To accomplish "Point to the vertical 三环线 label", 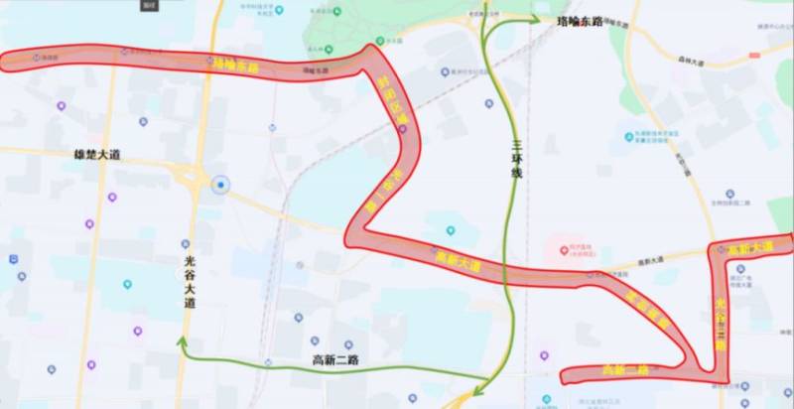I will pyautogui.click(x=516, y=159).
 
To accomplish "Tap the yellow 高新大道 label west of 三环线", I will pyautogui.click(x=458, y=262).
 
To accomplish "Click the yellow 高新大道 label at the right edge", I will pyautogui.click(x=751, y=248).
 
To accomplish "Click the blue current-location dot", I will pyautogui.click(x=220, y=185).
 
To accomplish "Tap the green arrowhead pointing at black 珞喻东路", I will pyautogui.click(x=535, y=19).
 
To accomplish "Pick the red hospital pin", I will pyautogui.click(x=559, y=244).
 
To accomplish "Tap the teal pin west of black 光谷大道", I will pyautogui.click(x=127, y=285).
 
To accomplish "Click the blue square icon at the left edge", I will pyautogui.click(x=13, y=259).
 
